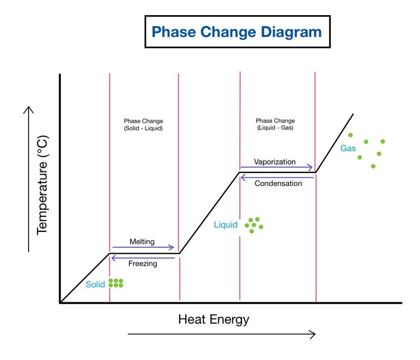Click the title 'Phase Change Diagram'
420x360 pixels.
pyautogui.click(x=237, y=32)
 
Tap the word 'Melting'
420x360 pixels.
pyautogui.click(x=142, y=242)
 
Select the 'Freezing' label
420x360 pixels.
pyautogui.click(x=143, y=264)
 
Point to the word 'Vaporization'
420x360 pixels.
pyautogui.click(x=275, y=162)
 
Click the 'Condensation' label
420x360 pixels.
pyautogui.click(x=278, y=184)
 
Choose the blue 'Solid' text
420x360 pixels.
pyautogui.click(x=95, y=284)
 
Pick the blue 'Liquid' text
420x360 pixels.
pyautogui.click(x=226, y=225)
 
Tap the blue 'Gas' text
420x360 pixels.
pyautogui.click(x=348, y=148)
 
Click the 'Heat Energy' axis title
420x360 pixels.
pyautogui.click(x=214, y=320)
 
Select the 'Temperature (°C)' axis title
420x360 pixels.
pyautogui.click(x=42, y=185)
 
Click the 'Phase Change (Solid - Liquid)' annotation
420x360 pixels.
pyautogui.click(x=143, y=124)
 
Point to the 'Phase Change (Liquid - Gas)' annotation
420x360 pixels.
pyautogui.click(x=276, y=124)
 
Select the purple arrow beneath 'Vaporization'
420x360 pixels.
pyautogui.click(x=277, y=167)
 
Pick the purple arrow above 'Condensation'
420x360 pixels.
pyautogui.click(x=277, y=177)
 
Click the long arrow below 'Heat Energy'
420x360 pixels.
pyautogui.click(x=222, y=334)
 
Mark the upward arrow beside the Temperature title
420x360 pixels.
pyautogui.click(x=29, y=179)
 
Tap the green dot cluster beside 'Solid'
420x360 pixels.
pyautogui.click(x=116, y=283)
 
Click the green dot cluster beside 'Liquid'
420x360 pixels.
pyautogui.click(x=254, y=225)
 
